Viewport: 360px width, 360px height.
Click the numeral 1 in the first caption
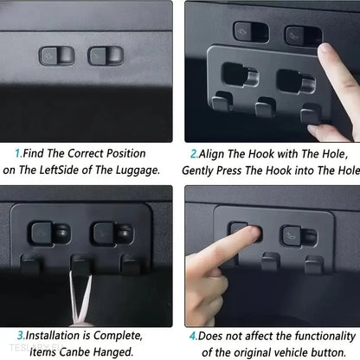pyautogui.click(x=18, y=153)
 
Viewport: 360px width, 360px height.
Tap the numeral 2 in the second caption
pyautogui.click(x=193, y=154)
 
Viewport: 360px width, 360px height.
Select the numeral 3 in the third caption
pyautogui.click(x=20, y=336)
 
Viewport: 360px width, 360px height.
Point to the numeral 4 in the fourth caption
pyautogui.click(x=193, y=336)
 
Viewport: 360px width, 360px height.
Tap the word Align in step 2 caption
pyautogui.click(x=212, y=154)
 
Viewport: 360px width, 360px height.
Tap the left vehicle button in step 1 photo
pyautogui.click(x=56, y=55)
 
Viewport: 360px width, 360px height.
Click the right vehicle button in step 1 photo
pyautogui.click(x=106, y=55)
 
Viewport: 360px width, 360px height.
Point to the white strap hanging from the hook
pyautogui.click(x=81, y=297)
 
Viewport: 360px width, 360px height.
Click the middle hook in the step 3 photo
pyautogui.click(x=81, y=264)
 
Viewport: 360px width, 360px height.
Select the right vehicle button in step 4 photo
pyautogui.click(x=299, y=236)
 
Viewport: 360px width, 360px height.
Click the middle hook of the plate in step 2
pyautogui.click(x=266, y=107)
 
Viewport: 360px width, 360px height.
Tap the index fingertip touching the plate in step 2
pyautogui.click(x=325, y=52)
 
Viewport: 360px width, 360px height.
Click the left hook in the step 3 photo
pyautogui.click(x=30, y=264)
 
